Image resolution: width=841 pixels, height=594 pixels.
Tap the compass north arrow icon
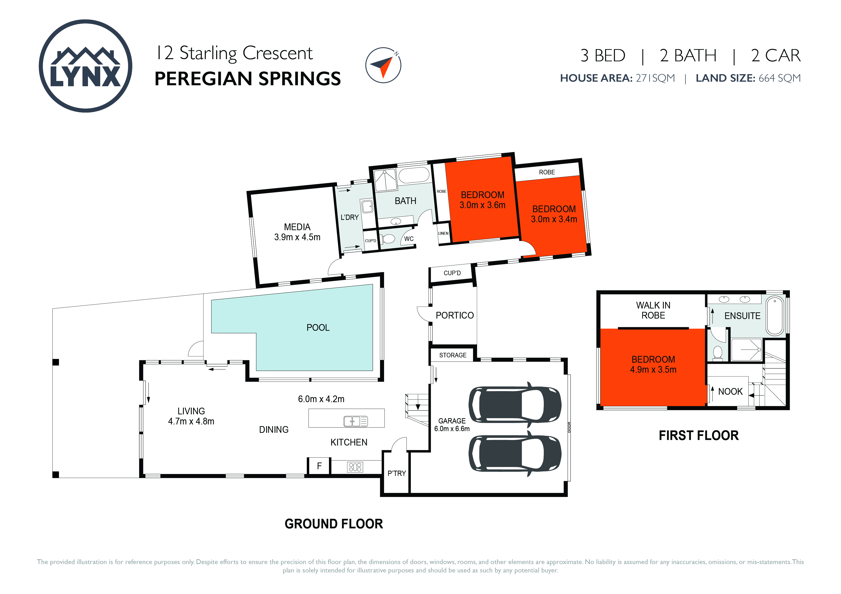[x=383, y=65]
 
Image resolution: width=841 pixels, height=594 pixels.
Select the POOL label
[x=318, y=328]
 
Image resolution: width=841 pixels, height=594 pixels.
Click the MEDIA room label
[x=297, y=227]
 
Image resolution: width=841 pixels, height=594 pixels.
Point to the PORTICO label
[x=455, y=315]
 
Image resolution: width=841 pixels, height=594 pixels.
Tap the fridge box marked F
[x=319, y=466]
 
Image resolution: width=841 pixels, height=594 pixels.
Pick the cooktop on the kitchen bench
[x=355, y=467]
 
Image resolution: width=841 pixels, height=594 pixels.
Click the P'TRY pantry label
[x=397, y=473]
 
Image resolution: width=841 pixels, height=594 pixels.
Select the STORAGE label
[x=453, y=355]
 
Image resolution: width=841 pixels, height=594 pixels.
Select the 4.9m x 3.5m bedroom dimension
[x=653, y=370]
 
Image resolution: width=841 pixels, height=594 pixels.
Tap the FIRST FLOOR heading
[x=699, y=435]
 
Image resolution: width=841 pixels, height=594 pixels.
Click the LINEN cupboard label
[x=443, y=233]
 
